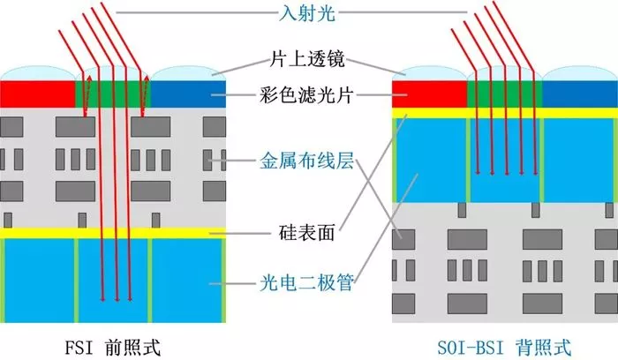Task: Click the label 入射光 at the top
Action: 307,12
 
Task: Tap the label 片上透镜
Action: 307,59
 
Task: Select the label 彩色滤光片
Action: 305,95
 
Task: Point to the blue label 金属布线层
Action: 306,161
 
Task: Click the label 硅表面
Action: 306,232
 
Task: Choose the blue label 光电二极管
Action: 306,282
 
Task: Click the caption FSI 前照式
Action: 113,348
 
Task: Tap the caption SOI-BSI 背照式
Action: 504,348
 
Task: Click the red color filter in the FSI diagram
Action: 37,94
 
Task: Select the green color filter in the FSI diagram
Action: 113,94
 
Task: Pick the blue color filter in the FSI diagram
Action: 188,94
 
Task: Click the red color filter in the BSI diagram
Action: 429,94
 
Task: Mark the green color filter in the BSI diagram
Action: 504,94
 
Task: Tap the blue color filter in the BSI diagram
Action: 580,94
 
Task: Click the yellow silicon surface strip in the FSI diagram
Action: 113,233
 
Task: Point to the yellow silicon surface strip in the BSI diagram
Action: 505,113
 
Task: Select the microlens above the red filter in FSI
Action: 37,73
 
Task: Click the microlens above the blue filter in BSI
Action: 580,73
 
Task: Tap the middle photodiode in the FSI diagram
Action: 113,281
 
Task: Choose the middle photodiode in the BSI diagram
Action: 504,161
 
